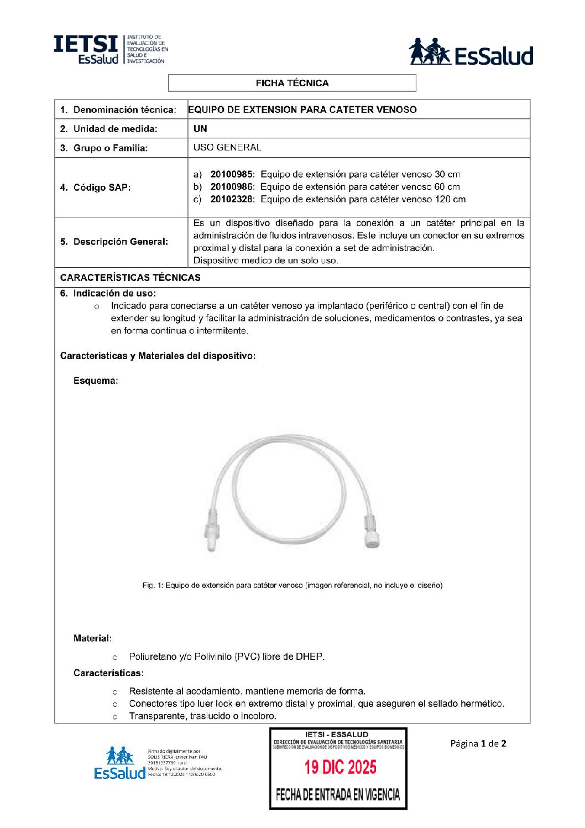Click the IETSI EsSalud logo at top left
(110, 49)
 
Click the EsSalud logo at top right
(471, 52)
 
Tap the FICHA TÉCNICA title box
(292, 83)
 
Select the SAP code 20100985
(232, 174)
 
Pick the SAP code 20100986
(232, 187)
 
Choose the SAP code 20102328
(232, 199)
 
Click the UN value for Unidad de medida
(200, 129)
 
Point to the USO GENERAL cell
(227, 148)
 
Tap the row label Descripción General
(114, 242)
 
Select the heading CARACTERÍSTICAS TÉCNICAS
(130, 278)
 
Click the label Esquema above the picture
(96, 381)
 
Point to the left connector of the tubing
(211, 533)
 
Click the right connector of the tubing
(372, 533)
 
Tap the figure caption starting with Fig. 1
(292, 585)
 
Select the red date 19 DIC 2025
(340, 767)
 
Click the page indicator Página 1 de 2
(478, 743)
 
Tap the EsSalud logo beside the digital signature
(119, 763)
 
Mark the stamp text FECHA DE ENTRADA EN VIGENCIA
(338, 795)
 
